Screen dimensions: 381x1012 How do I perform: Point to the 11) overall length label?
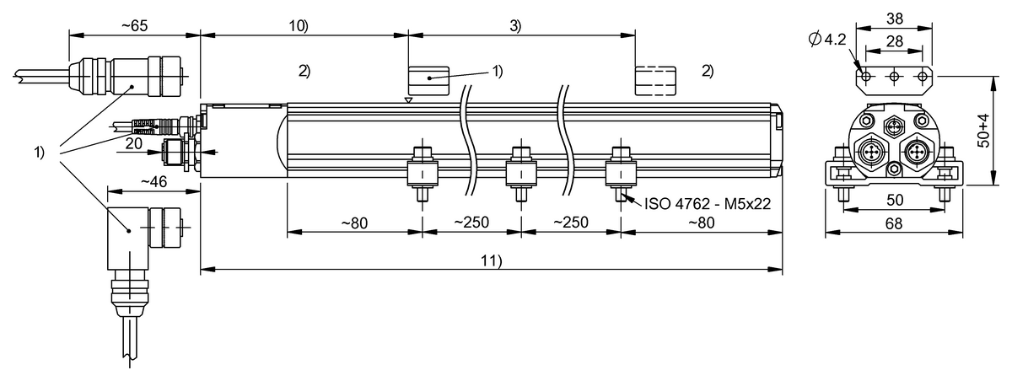point(492,260)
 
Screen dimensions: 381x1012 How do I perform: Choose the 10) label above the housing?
point(299,25)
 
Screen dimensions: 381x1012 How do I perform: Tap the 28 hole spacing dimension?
point(895,41)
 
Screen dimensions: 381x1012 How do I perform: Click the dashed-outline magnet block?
point(656,81)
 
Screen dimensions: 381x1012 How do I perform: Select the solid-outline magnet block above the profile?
point(430,81)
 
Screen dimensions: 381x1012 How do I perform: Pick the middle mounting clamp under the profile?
point(520,173)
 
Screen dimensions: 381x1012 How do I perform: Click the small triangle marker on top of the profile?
point(409,99)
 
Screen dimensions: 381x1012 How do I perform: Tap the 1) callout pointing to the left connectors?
point(39,153)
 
